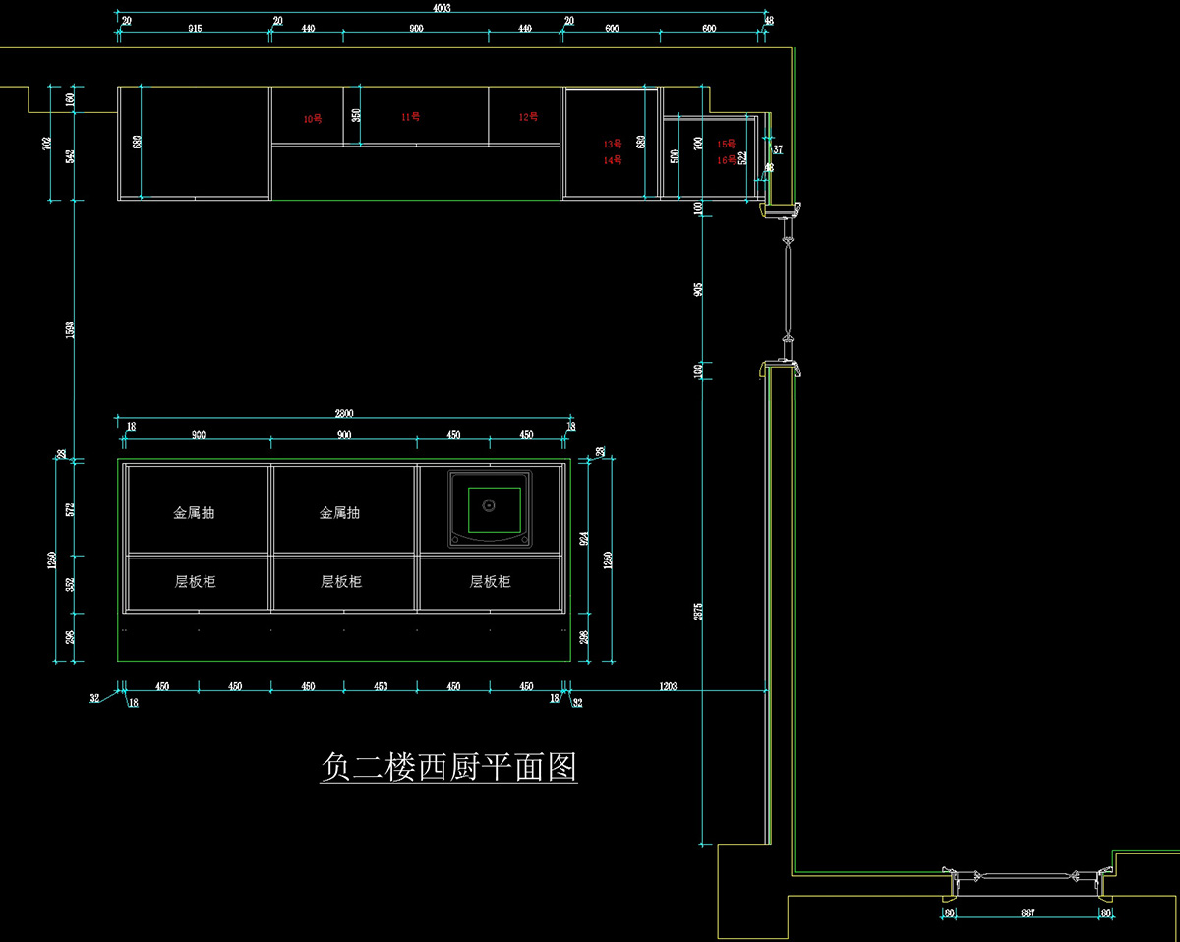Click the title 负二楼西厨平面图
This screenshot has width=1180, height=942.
point(448,766)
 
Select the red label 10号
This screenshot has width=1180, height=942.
point(313,119)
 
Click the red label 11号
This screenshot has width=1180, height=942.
point(411,117)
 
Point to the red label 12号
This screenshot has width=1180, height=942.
point(529,117)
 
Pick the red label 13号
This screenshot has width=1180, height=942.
point(613,144)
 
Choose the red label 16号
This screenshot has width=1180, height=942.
point(726,159)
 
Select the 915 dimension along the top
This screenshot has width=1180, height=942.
point(194,29)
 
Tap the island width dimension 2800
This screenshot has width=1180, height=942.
point(343,414)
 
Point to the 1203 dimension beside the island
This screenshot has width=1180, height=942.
point(669,686)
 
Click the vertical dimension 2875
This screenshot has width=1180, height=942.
point(697,610)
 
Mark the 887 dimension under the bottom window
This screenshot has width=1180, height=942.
point(1028,913)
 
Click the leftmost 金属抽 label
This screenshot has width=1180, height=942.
point(194,512)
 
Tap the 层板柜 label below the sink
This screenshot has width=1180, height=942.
point(490,581)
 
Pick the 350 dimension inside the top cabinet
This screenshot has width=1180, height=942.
point(356,114)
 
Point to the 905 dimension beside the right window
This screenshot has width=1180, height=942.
point(697,290)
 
